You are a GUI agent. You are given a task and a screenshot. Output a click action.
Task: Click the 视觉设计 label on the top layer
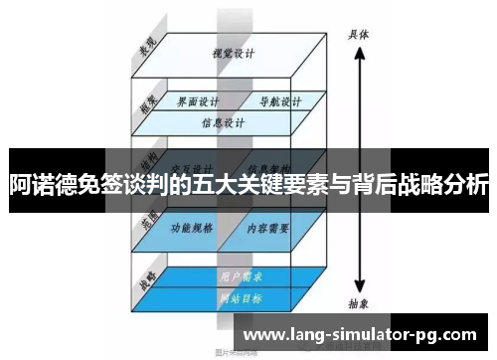[228, 54]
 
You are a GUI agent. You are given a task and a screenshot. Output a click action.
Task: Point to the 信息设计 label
[223, 124]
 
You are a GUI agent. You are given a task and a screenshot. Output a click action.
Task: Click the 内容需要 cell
[268, 228]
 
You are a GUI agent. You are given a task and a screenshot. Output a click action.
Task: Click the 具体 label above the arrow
[359, 33]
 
